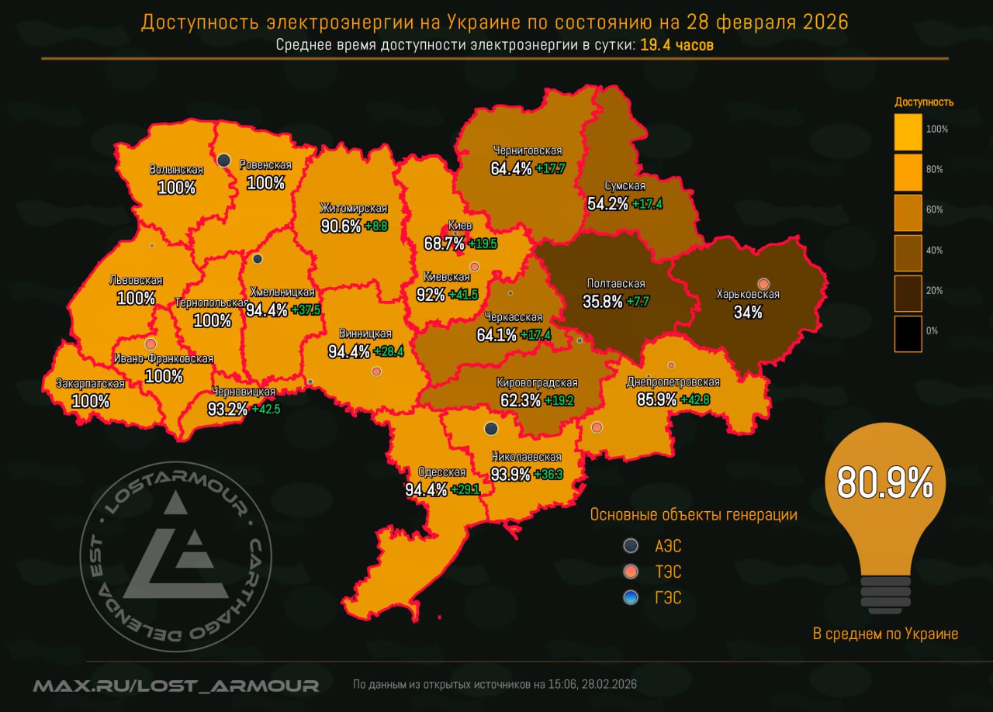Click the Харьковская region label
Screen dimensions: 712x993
pyautogui.click(x=748, y=295)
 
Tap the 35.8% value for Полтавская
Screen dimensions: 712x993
pyautogui.click(x=603, y=302)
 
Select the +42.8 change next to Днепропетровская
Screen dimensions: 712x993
pyautogui.click(x=694, y=399)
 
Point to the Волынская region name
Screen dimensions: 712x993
pyautogui.click(x=176, y=170)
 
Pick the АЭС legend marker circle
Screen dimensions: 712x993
pyautogui.click(x=631, y=546)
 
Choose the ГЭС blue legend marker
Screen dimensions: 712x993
pyautogui.click(x=631, y=597)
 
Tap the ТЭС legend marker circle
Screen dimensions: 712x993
pyautogui.click(x=631, y=572)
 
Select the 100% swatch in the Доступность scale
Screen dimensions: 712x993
pyautogui.click(x=908, y=132)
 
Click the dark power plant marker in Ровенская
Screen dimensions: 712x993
pyautogui.click(x=223, y=160)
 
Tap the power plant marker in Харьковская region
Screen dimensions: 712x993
pyautogui.click(x=763, y=283)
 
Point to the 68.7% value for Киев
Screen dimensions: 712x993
pyautogui.click(x=445, y=244)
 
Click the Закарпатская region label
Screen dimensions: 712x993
pyautogui.click(x=90, y=383)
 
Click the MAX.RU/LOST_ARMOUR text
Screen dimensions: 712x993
pyautogui.click(x=176, y=686)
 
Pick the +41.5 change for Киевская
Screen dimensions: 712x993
pyautogui.click(x=462, y=295)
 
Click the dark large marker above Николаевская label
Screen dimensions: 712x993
pyautogui.click(x=490, y=428)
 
